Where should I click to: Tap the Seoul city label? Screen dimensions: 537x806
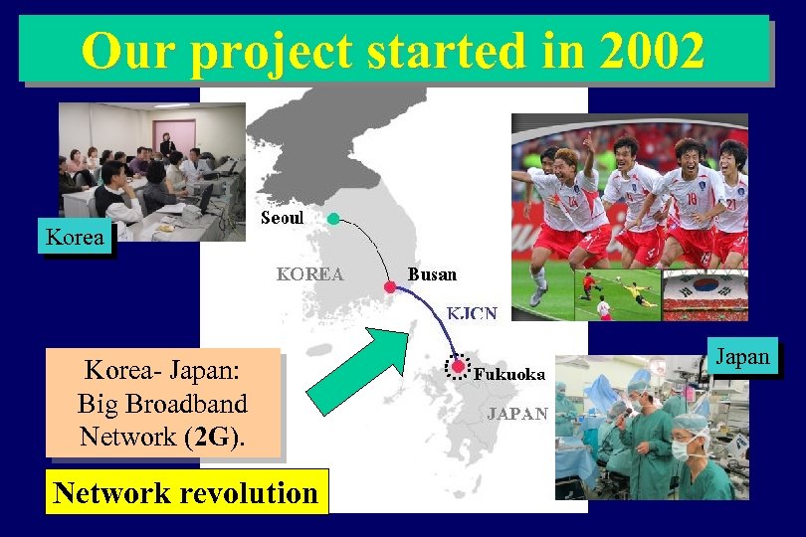tap(282, 218)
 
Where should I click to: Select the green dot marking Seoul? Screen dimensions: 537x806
tap(333, 218)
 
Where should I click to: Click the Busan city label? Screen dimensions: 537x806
tap(432, 273)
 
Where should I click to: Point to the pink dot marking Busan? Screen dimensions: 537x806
tap(389, 286)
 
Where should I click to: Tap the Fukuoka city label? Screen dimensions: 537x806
tap(509, 375)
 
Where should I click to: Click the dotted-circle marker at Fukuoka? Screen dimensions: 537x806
tap(458, 367)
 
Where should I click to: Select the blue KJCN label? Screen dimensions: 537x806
tap(472, 313)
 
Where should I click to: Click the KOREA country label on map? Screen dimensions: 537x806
tap(309, 273)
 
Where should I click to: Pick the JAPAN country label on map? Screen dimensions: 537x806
tap(516, 414)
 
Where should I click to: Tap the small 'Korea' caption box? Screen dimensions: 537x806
tap(76, 238)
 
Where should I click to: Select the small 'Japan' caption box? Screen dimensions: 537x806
tap(742, 357)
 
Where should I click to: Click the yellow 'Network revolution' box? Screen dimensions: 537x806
tap(186, 492)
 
